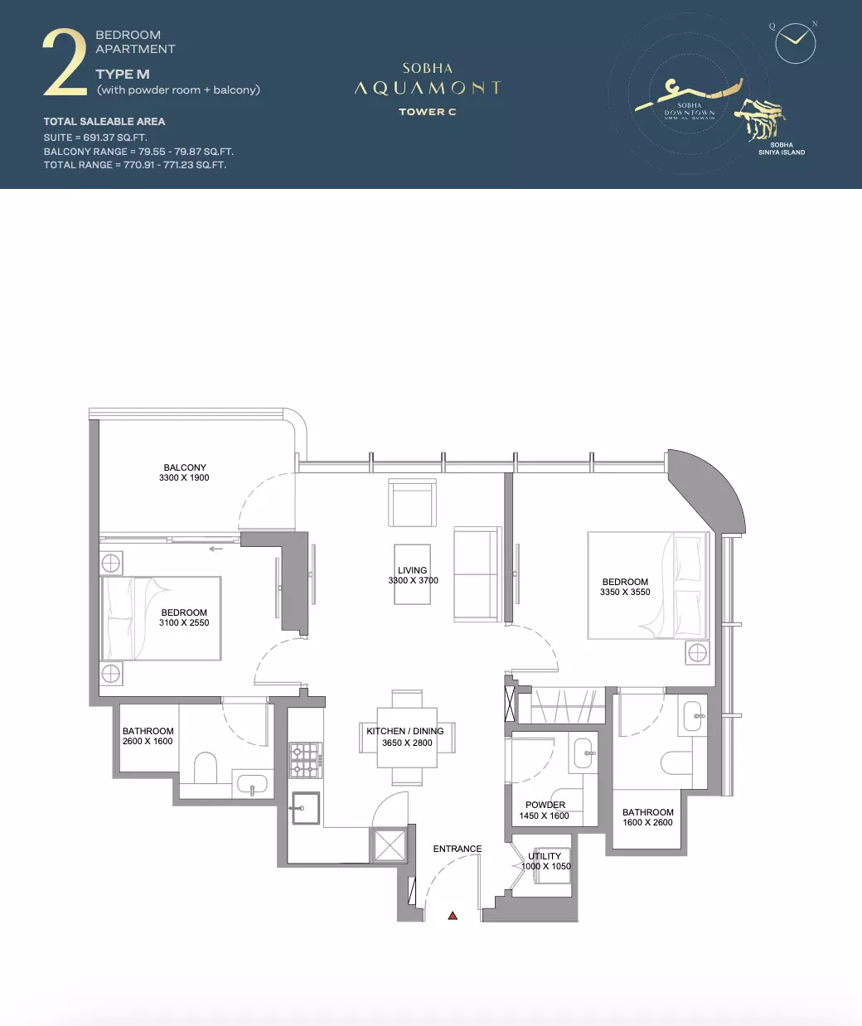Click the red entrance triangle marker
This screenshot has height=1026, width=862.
pyautogui.click(x=453, y=916)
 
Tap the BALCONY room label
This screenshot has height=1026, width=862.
pyautogui.click(x=185, y=467)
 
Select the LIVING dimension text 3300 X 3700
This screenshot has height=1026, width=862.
pyautogui.click(x=413, y=580)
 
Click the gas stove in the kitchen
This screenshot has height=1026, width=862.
pyautogui.click(x=306, y=760)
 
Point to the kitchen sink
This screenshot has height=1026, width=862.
pyautogui.click(x=306, y=808)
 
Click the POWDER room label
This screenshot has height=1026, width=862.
pyautogui.click(x=545, y=805)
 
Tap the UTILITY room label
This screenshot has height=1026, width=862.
pyautogui.click(x=544, y=856)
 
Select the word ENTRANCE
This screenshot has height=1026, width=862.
pyautogui.click(x=457, y=849)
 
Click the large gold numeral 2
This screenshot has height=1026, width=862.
pyautogui.click(x=65, y=62)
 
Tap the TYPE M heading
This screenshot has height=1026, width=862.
pyautogui.click(x=123, y=75)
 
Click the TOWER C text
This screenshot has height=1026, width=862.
pyautogui.click(x=427, y=112)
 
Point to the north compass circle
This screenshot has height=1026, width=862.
pyautogui.click(x=795, y=43)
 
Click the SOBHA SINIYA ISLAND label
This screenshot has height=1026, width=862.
pyautogui.click(x=782, y=148)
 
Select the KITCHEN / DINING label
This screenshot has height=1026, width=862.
pyautogui.click(x=405, y=731)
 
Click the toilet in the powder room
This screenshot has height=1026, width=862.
pyautogui.click(x=567, y=800)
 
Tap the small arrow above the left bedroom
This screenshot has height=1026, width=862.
pyautogui.click(x=215, y=549)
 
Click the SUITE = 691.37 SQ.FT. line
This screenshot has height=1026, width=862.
pyautogui.click(x=95, y=138)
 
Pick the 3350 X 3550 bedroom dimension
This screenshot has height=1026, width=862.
pyautogui.click(x=625, y=592)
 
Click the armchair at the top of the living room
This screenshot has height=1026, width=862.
pyautogui.click(x=412, y=503)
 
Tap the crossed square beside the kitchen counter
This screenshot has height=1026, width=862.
pyautogui.click(x=390, y=845)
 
